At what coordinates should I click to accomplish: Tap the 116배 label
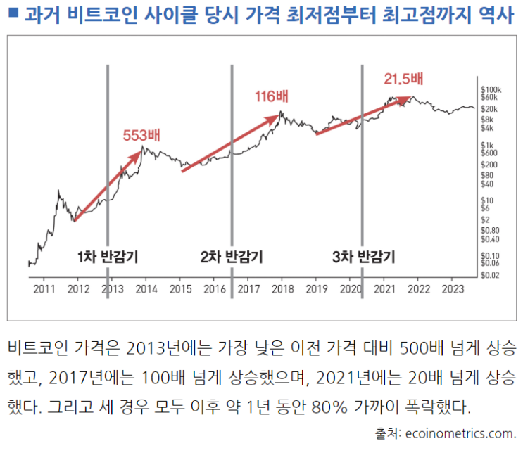pyautogui.click(x=273, y=96)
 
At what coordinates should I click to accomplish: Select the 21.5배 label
pyautogui.click(x=403, y=77)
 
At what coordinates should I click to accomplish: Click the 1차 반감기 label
pyautogui.click(x=108, y=257)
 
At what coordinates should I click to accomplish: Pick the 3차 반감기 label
pyautogui.click(x=363, y=257)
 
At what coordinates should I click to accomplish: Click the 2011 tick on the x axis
pyautogui.click(x=44, y=289)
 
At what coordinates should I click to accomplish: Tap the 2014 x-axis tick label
pyautogui.click(x=146, y=289)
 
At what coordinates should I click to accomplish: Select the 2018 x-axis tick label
pyautogui.click(x=282, y=289)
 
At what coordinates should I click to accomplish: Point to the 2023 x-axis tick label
pyautogui.click(x=453, y=289)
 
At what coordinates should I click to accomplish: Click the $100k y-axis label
pyautogui.click(x=490, y=90)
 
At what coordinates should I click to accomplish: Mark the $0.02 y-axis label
pyautogui.click(x=490, y=275)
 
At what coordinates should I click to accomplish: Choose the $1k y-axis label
pyautogui.click(x=486, y=144)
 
